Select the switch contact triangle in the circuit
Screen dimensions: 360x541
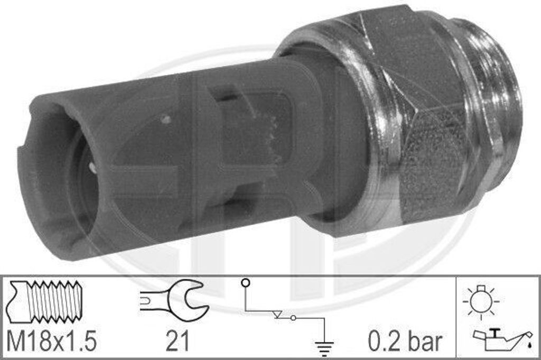click(x=278, y=316)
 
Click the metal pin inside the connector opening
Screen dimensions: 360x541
click(x=92, y=169)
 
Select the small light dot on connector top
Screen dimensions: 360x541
click(x=166, y=120)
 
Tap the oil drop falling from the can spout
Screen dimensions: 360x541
click(x=528, y=344)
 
